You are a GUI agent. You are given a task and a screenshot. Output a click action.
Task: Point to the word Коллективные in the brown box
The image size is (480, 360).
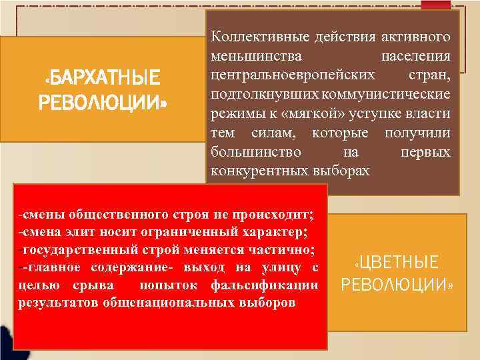(x=252, y=35)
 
